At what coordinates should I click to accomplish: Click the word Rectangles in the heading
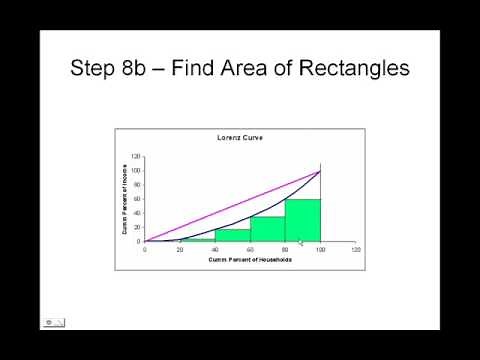tap(348, 69)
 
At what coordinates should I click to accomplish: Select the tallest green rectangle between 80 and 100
tap(302, 221)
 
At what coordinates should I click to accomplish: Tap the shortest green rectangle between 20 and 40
tap(197, 240)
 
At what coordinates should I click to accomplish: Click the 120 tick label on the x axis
tap(355, 250)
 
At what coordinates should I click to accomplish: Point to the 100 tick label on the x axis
tap(320, 250)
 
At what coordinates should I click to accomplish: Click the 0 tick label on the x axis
tap(145, 250)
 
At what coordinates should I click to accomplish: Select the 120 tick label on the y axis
tap(135, 157)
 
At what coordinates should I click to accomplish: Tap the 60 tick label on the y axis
tap(137, 199)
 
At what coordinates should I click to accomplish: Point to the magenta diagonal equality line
tap(232, 205)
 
